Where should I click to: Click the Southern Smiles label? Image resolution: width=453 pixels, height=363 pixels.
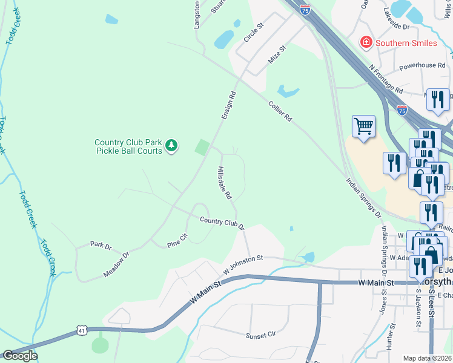pos(406,43)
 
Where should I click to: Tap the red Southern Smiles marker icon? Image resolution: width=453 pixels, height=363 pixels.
pos(366,42)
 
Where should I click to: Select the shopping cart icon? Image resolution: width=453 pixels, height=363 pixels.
pos(363,126)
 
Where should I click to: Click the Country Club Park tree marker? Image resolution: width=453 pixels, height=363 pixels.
pos(172,146)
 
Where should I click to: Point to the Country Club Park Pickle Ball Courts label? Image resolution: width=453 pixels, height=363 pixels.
pos(128,146)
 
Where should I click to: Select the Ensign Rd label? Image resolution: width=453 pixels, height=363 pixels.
pos(228,105)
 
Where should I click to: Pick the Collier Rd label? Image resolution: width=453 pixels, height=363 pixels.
pos(280,111)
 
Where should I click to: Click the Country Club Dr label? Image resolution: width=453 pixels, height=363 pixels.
pos(222,224)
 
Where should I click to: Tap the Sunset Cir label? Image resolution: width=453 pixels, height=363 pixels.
pos(260,335)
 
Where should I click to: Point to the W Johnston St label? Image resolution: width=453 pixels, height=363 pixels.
pos(242,264)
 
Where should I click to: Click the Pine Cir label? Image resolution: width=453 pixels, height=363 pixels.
pos(178,241)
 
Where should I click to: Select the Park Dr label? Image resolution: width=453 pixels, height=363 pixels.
pos(101,246)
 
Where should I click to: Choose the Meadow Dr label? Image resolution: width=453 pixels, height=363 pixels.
pos(116,265)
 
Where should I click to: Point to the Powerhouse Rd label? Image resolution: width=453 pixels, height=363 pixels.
pos(422,65)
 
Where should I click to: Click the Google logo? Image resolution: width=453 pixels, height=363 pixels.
pos(19,356)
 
